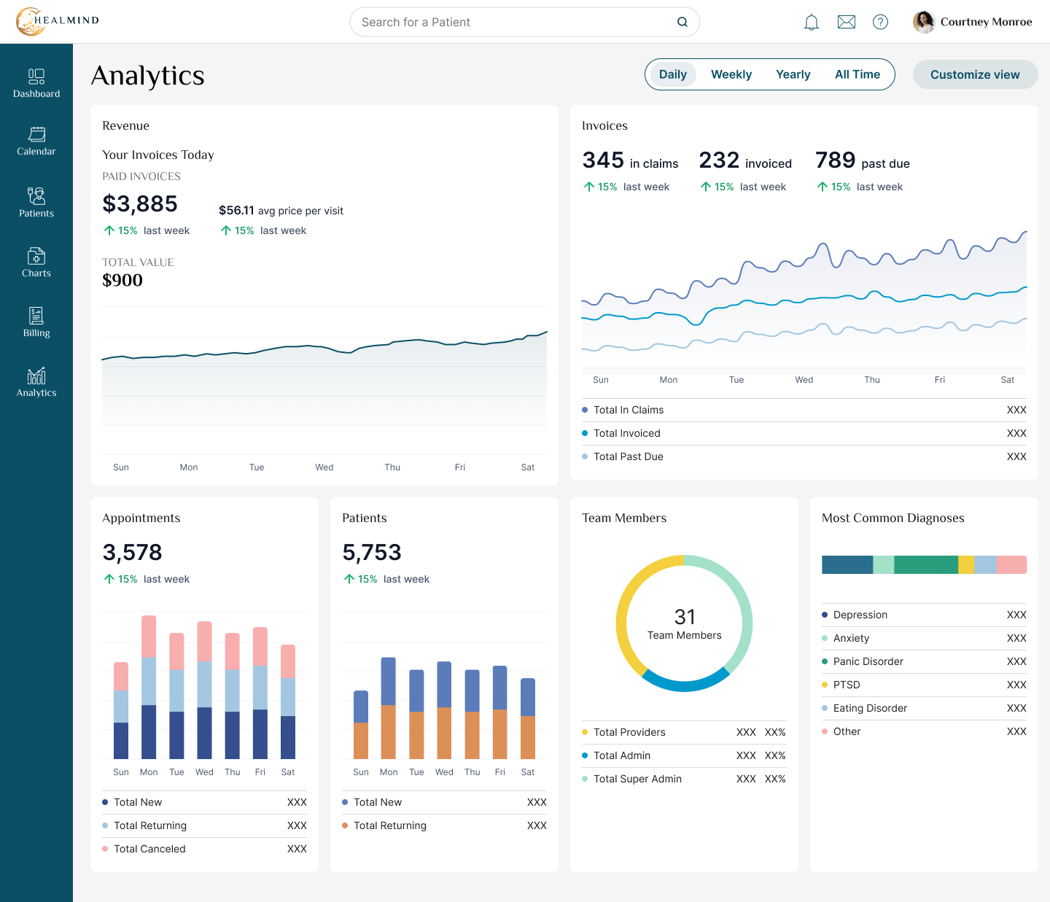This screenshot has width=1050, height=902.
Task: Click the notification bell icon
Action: click(x=812, y=23)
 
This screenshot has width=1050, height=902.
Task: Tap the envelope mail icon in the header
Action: click(x=846, y=22)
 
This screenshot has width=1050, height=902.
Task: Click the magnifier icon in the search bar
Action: click(x=682, y=22)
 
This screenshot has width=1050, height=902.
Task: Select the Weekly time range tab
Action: click(x=731, y=74)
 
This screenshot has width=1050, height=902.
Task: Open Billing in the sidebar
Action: click(x=36, y=322)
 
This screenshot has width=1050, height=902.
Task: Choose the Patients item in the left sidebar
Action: click(x=36, y=202)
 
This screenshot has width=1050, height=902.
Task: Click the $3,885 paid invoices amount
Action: click(x=140, y=203)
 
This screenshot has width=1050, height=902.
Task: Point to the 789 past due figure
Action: click(x=835, y=160)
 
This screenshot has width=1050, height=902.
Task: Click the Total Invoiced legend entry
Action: click(x=627, y=433)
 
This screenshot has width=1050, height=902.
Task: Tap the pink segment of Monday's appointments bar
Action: click(x=149, y=637)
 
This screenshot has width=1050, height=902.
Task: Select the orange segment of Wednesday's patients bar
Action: click(x=444, y=733)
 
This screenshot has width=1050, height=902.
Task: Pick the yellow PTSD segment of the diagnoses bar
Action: click(x=965, y=565)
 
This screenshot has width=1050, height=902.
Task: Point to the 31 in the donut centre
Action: click(x=684, y=617)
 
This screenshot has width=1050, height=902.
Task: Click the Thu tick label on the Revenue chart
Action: click(x=392, y=467)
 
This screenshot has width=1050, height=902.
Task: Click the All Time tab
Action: click(x=857, y=74)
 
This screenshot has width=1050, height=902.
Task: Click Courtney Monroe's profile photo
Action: click(x=924, y=22)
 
